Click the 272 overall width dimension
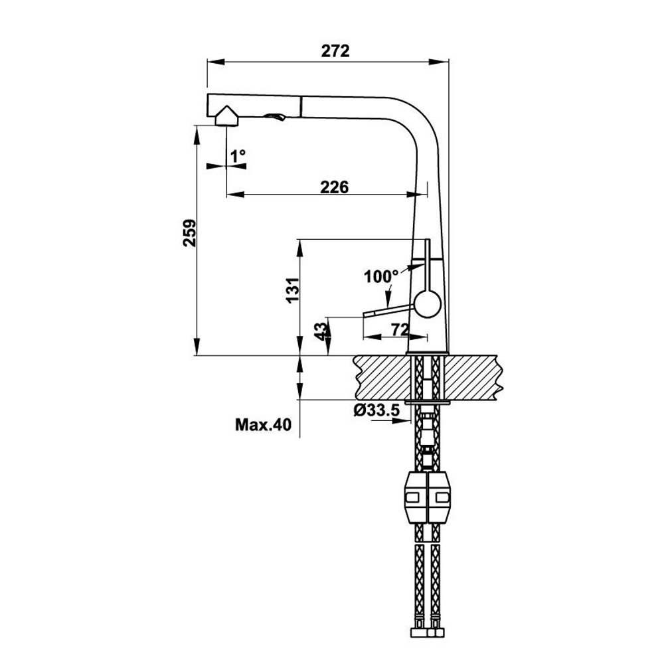(335, 51)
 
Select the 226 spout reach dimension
(335, 187)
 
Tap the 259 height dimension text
(189, 232)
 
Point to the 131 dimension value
(293, 290)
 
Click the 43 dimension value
(320, 330)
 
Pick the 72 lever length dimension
(398, 329)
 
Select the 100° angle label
(381, 276)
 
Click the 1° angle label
(238, 156)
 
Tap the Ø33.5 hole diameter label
(376, 410)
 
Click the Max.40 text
(263, 425)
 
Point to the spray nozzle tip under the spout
(226, 118)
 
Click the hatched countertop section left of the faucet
(379, 376)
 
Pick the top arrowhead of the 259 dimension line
(197, 133)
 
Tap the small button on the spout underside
(275, 117)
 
